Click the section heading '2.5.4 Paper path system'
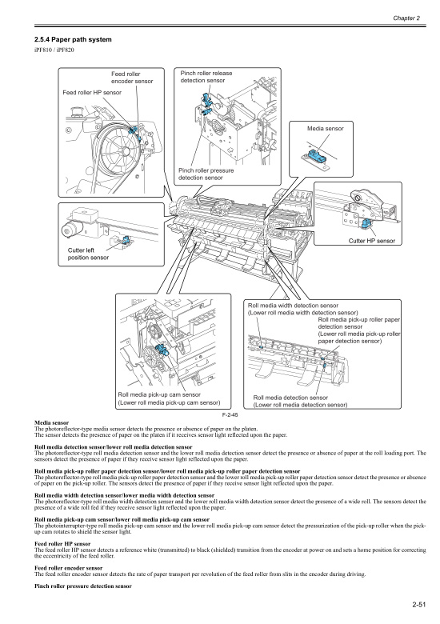coord(67,40)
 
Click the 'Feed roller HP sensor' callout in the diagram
coord(92,92)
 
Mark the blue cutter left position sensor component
coord(126,240)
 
